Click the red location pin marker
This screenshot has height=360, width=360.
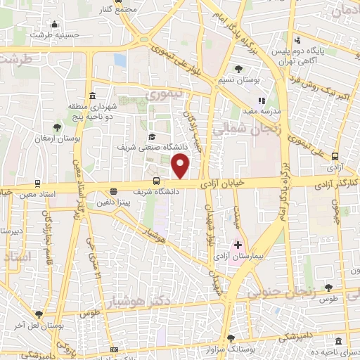pos(181,166)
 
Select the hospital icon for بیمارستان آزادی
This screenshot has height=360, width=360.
pos(237,246)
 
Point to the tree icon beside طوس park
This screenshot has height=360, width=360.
pos(328,287)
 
